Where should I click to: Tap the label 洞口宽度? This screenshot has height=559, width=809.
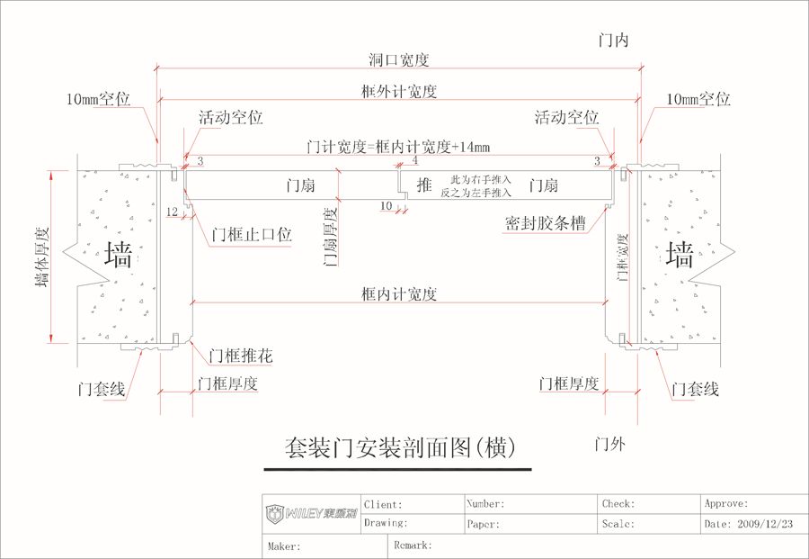tap(398, 61)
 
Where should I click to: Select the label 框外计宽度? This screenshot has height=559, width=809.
tap(398, 92)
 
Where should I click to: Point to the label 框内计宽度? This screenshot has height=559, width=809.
tap(399, 294)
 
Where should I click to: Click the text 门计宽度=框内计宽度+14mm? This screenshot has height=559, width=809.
tap(398, 147)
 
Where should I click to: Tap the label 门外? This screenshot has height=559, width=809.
tap(610, 444)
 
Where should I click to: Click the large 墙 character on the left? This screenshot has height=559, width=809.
tap(119, 255)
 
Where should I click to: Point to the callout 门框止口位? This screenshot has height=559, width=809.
tap(253, 236)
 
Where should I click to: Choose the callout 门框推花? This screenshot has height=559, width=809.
tap(240, 356)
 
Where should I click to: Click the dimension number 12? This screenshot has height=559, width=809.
tap(173, 212)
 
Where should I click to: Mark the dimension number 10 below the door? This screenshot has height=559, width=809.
tap(386, 206)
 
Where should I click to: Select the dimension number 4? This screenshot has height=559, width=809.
tap(414, 161)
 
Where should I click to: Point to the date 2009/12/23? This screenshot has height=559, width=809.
tap(760, 524)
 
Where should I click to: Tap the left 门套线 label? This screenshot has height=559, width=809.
tap(102, 390)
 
